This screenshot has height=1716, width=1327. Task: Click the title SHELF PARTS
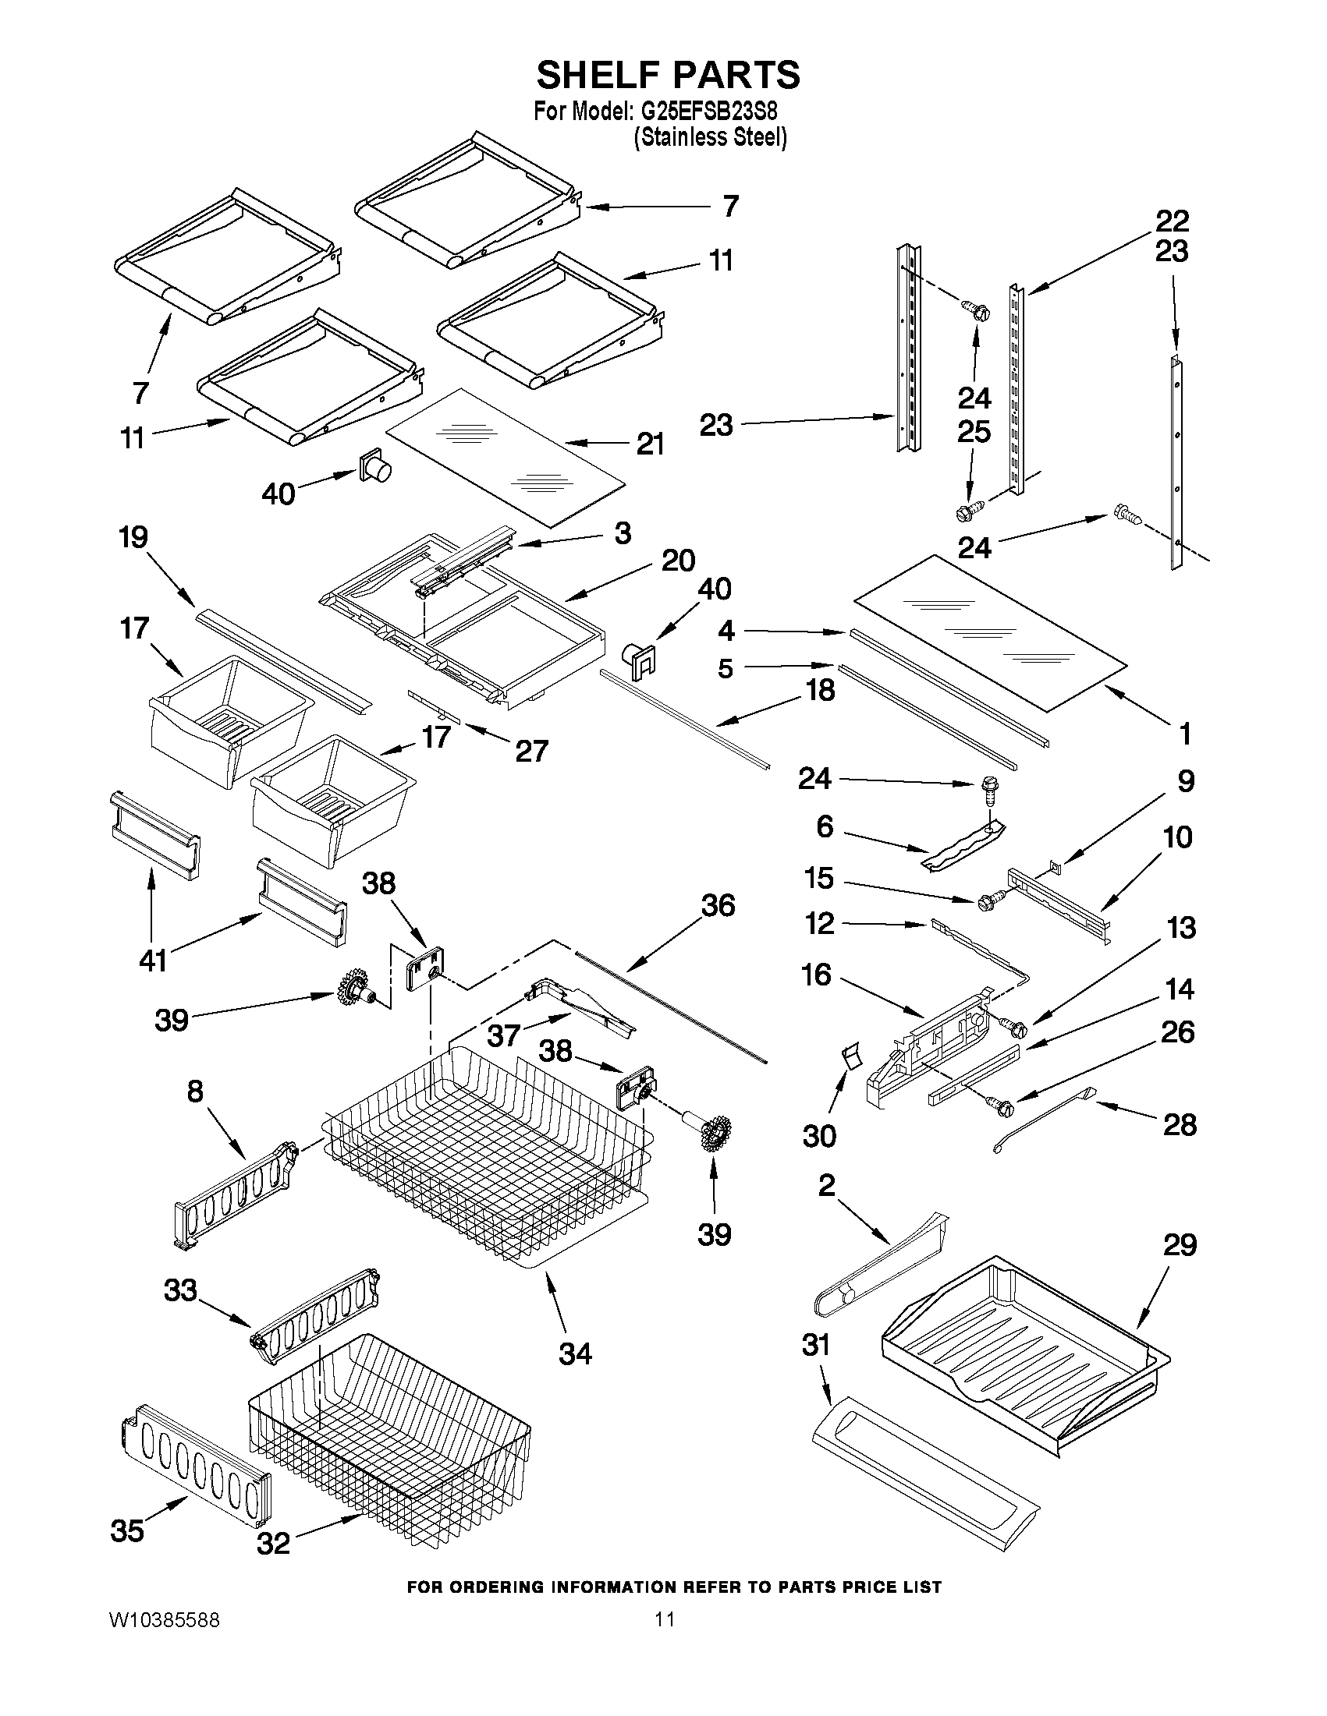(x=669, y=76)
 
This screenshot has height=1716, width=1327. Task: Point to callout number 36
(x=718, y=906)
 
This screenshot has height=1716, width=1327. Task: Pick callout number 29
(x=1180, y=1245)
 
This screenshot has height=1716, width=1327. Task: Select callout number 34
(x=575, y=1353)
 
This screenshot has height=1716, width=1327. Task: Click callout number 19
(x=133, y=538)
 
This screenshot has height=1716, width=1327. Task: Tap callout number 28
(x=1180, y=1125)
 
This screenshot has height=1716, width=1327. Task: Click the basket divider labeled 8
(x=234, y=1197)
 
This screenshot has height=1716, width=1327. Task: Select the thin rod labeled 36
(x=669, y=1006)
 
